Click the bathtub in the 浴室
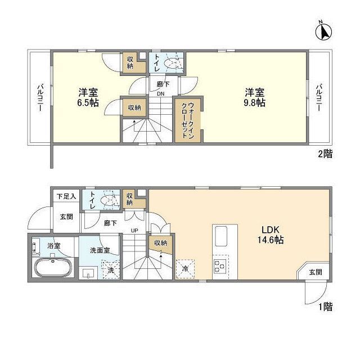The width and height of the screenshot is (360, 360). (52, 268)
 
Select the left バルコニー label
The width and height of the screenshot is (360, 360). (40, 97)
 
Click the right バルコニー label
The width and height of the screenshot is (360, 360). (318, 97)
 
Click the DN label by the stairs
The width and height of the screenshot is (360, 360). (160, 94)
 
